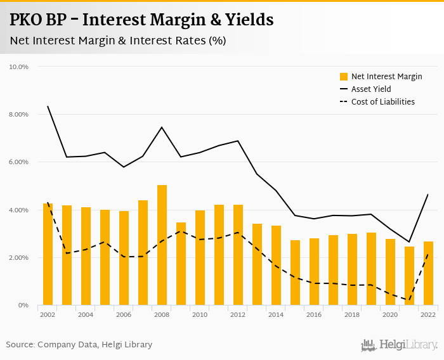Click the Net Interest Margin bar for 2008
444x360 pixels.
pos(162,245)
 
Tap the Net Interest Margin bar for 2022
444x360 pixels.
pos(429,273)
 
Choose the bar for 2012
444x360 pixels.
pos(238,255)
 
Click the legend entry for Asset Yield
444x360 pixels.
pos(371,89)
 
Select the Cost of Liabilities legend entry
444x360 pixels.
pos(382,101)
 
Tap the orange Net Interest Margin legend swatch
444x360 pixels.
pos(344,77)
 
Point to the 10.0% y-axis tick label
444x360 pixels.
pos(18,67)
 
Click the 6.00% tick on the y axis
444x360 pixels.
pos(18,162)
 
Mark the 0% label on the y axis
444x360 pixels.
pos(23,305)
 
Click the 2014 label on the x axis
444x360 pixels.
pos(276,315)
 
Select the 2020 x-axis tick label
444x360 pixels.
pos(390,315)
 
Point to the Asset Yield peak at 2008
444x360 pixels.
pos(162,127)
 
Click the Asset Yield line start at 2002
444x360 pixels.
pos(48,106)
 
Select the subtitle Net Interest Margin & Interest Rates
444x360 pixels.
pos(118,41)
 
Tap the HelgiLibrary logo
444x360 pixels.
pos(400,345)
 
